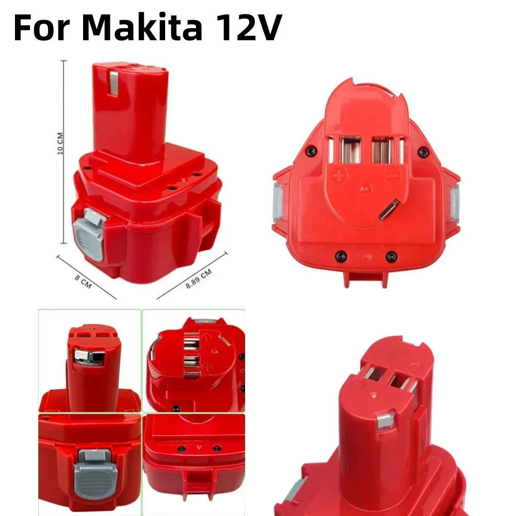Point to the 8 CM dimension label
(x=83, y=282)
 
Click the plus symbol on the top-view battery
(x=340, y=175)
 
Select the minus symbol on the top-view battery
(x=393, y=175)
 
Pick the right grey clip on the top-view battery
(x=455, y=203)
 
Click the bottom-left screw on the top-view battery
(x=341, y=255)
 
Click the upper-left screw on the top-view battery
(x=311, y=152)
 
